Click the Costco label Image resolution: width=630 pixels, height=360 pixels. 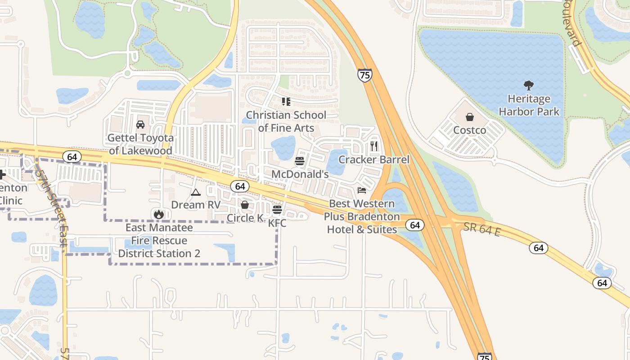[x=469, y=130]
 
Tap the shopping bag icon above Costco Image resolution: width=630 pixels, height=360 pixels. [x=470, y=117]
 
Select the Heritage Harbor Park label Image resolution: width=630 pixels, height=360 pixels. [x=529, y=105]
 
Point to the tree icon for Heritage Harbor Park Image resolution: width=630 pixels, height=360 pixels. [x=529, y=85]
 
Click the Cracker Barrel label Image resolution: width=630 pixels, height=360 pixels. [x=374, y=159]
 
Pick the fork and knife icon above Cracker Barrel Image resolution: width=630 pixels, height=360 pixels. [x=374, y=146]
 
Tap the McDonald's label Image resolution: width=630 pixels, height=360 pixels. [x=300, y=174]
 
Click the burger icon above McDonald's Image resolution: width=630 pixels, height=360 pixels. [x=300, y=161]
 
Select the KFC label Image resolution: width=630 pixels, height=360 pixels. [x=277, y=223]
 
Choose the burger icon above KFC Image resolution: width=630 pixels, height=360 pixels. [x=277, y=210]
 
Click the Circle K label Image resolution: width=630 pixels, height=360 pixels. [x=245, y=218]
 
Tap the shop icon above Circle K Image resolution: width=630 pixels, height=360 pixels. [x=245, y=205]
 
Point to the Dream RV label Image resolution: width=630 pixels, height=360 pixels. [x=196, y=205]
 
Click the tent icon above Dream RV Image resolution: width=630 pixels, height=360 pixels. [x=195, y=193]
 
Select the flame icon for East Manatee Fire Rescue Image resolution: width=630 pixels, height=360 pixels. [x=158, y=214]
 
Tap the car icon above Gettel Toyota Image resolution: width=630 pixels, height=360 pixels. [x=140, y=124]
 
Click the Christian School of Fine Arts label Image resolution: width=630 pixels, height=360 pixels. [x=286, y=121]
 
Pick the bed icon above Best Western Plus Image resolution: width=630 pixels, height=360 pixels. [x=361, y=190]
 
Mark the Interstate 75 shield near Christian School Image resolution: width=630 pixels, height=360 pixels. [x=365, y=75]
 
